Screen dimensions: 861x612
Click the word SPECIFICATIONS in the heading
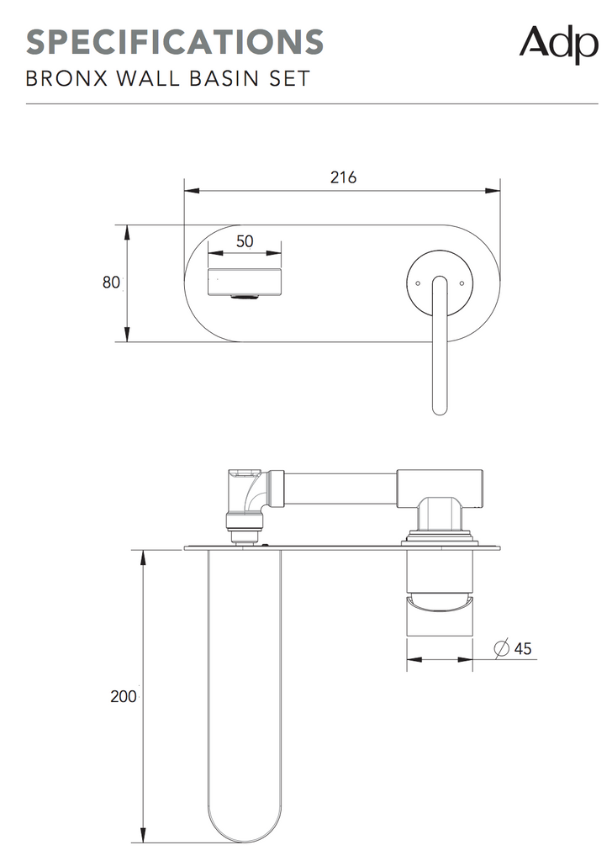coord(175,41)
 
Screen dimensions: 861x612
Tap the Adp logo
coord(557,44)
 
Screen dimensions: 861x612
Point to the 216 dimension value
coord(343,177)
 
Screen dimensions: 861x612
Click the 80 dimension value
coord(111,283)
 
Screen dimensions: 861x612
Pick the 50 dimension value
coord(245,241)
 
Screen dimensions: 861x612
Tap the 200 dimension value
coord(123,697)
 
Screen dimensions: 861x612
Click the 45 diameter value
coord(522,648)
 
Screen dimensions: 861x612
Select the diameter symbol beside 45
coord(500,648)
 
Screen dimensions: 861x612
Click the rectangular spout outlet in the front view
coord(245,280)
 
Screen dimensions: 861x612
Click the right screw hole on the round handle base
coord(462,283)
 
